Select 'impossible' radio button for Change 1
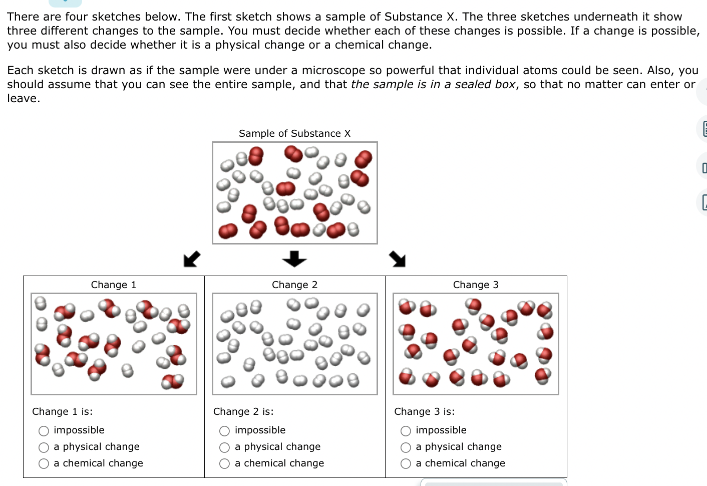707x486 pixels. (x=44, y=431)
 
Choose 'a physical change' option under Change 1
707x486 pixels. (x=44, y=447)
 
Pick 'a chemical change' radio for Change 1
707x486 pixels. (x=44, y=464)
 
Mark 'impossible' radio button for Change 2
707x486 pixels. (x=225, y=431)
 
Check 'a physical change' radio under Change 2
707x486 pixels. (x=225, y=447)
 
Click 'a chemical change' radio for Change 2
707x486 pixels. (x=225, y=464)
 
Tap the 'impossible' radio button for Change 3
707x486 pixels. (x=406, y=431)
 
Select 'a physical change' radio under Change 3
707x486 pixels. (x=406, y=447)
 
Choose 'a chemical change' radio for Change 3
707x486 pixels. (x=406, y=464)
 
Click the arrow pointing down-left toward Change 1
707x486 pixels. (x=192, y=259)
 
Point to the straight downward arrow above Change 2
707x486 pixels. (x=294, y=259)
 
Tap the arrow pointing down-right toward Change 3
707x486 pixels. (x=398, y=259)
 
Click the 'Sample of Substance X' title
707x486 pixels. (x=294, y=133)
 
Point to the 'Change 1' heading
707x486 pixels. (x=114, y=285)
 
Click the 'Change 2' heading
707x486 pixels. (x=294, y=285)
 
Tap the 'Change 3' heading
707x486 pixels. (x=476, y=285)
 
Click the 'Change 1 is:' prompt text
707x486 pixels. (x=62, y=411)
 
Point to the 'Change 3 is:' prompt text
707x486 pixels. (x=424, y=411)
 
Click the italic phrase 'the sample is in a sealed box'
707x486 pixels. (x=433, y=84)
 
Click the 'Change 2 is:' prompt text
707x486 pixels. (x=243, y=411)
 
